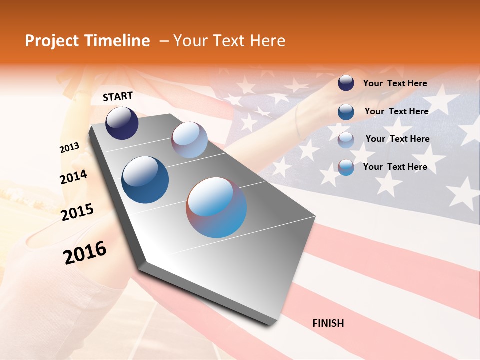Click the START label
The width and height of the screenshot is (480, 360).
point(118,96)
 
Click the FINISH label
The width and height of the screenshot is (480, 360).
point(328,323)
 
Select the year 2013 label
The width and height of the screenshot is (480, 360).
point(70,148)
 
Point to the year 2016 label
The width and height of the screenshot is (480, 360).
point(85,253)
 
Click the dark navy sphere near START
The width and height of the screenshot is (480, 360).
point(122,123)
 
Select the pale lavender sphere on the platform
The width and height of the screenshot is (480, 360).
point(189,140)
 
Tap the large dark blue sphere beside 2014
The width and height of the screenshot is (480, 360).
point(145,180)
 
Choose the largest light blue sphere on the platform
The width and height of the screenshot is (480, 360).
point(216,207)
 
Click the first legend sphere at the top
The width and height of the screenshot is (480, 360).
point(346,83)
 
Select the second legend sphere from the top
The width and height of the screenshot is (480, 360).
point(346,111)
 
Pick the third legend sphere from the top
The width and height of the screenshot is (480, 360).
point(346,139)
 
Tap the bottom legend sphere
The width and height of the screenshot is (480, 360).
point(346,167)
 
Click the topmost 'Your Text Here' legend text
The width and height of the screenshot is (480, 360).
point(395,83)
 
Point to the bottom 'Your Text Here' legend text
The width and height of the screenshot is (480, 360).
point(395,167)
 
